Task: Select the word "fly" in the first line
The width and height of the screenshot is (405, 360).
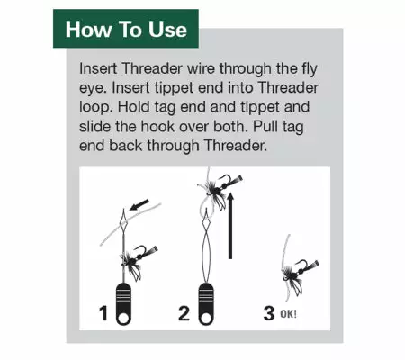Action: point(308,69)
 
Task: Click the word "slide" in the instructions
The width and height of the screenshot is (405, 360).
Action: point(94,127)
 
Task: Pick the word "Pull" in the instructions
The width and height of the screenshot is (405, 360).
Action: point(265,127)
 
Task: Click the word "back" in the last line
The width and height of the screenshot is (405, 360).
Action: point(125,146)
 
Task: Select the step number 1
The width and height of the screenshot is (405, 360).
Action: point(103,313)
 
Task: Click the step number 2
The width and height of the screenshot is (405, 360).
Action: point(184,313)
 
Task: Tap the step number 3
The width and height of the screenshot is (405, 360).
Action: point(269,313)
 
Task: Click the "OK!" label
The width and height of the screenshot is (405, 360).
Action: point(288,314)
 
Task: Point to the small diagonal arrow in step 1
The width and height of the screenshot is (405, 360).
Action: point(139,205)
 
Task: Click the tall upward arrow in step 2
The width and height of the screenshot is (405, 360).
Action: point(230,226)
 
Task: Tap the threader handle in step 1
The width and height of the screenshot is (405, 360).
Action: point(123,303)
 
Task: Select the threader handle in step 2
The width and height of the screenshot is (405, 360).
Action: point(206,303)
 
